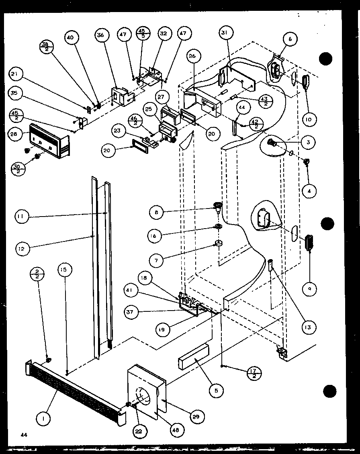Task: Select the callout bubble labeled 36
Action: coord(100,35)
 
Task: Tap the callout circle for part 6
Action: coord(290,39)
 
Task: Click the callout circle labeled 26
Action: coord(192,56)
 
